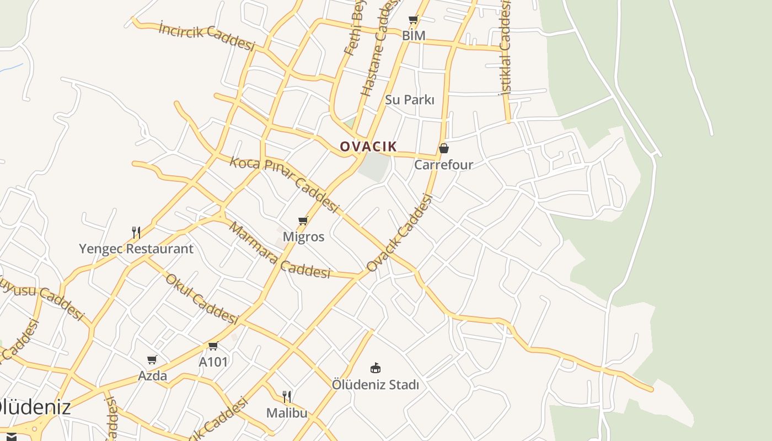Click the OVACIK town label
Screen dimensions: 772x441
click(368, 146)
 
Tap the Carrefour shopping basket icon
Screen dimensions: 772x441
click(443, 148)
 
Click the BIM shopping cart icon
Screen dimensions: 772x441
click(413, 20)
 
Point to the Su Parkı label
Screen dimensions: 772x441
click(409, 100)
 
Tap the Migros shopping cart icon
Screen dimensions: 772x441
click(303, 221)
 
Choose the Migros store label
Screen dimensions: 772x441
click(303, 236)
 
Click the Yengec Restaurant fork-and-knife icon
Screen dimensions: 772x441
click(136, 232)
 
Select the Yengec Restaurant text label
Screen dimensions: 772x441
click(136, 249)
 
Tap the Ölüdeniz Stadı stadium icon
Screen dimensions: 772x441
click(376, 368)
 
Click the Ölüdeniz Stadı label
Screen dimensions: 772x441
click(375, 384)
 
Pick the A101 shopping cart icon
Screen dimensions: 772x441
click(213, 346)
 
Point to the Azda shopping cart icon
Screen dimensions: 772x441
click(152, 360)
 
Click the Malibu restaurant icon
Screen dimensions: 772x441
click(287, 397)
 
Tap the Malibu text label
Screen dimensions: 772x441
click(287, 412)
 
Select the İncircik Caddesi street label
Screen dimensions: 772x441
click(207, 36)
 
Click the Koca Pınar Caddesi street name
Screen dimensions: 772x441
click(283, 184)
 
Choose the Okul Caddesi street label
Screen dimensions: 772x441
click(201, 299)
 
